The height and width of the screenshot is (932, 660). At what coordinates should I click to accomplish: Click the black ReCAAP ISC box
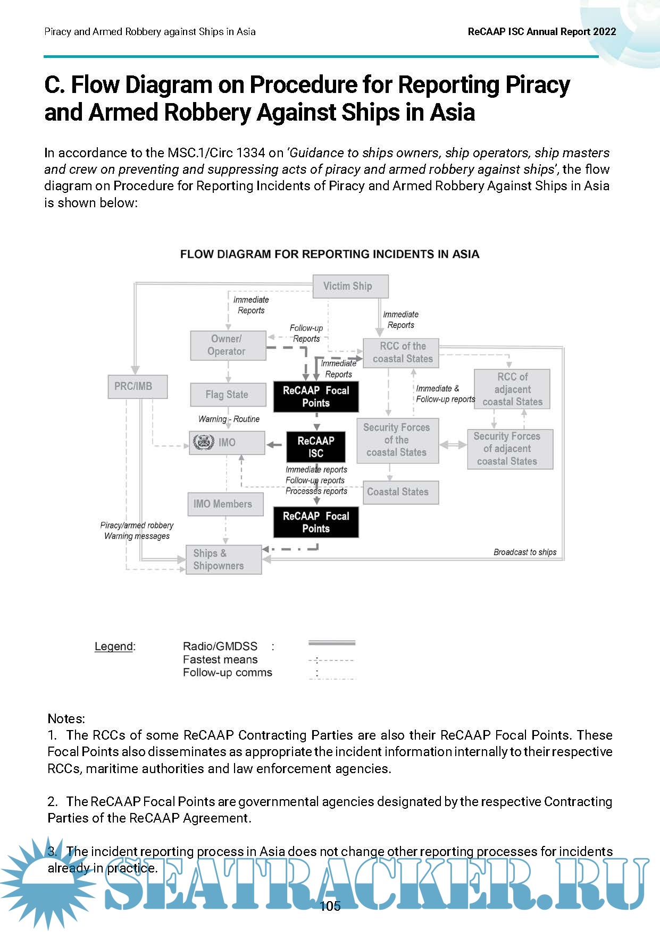point(316,447)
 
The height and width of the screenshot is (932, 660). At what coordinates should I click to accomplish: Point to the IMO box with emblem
point(227,442)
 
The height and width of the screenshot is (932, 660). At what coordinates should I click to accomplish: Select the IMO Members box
point(225,504)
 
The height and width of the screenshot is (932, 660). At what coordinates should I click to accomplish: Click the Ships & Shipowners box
point(223,560)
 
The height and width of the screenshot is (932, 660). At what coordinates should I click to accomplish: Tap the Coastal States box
point(400,492)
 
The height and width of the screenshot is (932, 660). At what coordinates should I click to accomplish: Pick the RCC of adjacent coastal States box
point(512,389)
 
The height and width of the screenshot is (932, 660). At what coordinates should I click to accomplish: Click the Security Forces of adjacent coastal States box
point(510,449)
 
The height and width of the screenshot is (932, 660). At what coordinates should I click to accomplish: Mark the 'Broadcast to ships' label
point(524,552)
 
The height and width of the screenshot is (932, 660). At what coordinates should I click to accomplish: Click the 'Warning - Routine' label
point(229,419)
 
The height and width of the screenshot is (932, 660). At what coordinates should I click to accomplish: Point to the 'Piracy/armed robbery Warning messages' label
point(137,530)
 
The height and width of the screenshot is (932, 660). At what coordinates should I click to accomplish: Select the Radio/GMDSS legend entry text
point(220,646)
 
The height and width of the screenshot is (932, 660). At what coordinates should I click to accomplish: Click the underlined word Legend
point(114,646)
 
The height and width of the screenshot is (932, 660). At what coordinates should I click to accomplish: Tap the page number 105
point(330,906)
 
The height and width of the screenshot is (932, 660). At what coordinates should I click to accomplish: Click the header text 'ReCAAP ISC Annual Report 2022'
point(541,32)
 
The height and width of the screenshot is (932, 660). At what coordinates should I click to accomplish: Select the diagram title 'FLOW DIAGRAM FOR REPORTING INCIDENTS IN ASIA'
point(330,254)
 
